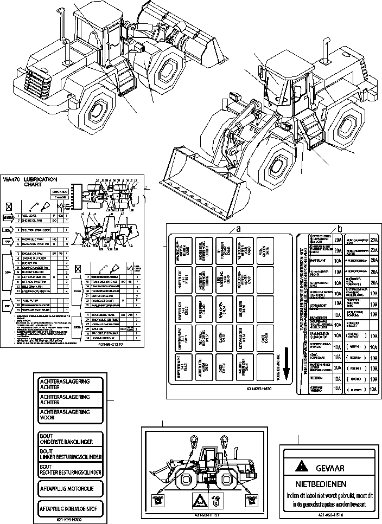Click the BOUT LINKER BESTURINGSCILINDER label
pyautogui.click(x=71, y=454)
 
